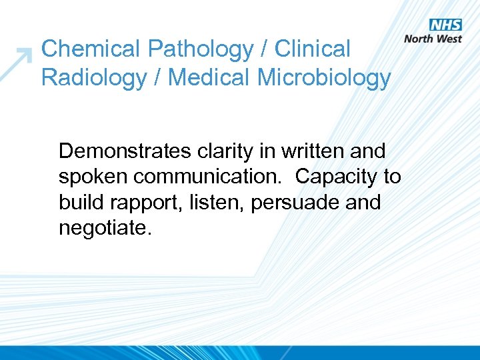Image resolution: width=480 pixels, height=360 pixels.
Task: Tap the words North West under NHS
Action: [x=433, y=39]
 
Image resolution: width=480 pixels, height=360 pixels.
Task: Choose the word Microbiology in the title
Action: [x=325, y=78]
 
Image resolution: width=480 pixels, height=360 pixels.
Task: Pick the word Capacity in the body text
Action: [x=337, y=177]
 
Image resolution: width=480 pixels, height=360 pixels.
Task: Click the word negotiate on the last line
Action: [x=105, y=228]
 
